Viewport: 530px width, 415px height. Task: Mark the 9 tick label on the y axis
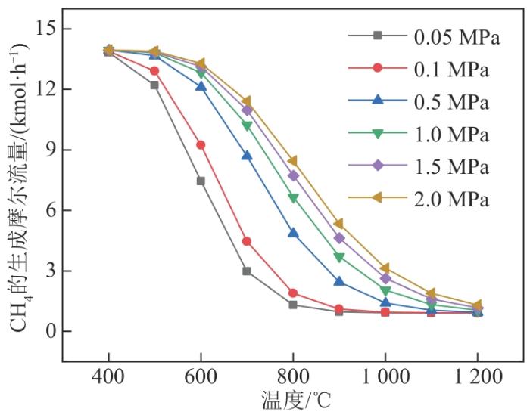pyautogui.click(x=46, y=150)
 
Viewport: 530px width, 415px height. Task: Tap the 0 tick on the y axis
pyautogui.click(x=46, y=331)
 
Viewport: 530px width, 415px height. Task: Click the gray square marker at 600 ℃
pyautogui.click(x=201, y=181)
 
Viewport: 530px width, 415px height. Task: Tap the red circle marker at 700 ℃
pyautogui.click(x=247, y=241)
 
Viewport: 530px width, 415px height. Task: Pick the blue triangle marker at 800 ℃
pyautogui.click(x=293, y=234)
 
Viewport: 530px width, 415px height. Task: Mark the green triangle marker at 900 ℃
pyautogui.click(x=339, y=258)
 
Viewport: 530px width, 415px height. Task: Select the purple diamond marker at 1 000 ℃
pyautogui.click(x=385, y=279)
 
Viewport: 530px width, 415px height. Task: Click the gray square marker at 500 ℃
pyautogui.click(x=154, y=85)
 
